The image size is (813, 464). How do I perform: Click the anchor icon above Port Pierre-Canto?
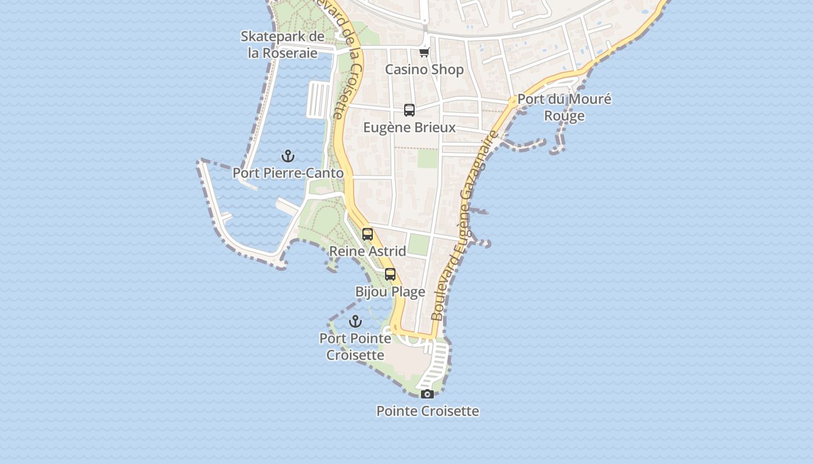click(287, 156)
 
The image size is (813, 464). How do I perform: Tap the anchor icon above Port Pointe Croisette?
click(355, 321)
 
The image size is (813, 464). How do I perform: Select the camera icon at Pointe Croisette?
click(427, 394)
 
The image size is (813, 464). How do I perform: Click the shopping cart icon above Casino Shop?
click(425, 53)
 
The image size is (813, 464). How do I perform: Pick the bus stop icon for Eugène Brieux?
click(409, 110)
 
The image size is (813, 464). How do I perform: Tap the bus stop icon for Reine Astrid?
click(368, 234)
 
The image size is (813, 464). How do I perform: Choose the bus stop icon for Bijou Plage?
click(390, 274)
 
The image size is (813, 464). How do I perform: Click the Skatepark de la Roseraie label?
click(283, 45)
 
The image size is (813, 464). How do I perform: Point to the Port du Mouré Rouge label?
click(564, 107)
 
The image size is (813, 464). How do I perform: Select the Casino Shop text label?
click(425, 70)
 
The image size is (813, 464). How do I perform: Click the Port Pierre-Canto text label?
click(288, 173)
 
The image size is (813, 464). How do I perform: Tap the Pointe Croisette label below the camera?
click(427, 411)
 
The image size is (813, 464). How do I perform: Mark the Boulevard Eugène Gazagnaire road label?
click(465, 226)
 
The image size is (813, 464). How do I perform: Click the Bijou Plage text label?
click(390, 292)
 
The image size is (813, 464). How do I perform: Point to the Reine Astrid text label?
click(368, 251)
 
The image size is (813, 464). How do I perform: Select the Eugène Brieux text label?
click(409, 127)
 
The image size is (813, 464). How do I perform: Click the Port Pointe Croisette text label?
click(355, 346)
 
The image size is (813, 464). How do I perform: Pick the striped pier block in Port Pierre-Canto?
click(318, 99)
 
